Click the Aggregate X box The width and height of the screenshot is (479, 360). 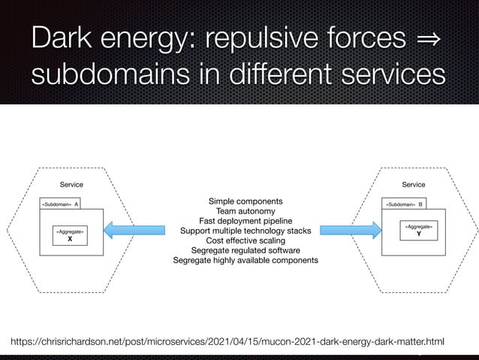tap(70, 236)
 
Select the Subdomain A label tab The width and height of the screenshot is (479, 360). tap(61, 204)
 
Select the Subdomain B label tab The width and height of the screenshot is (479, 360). tap(405, 204)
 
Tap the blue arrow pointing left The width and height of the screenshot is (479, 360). tap(139, 228)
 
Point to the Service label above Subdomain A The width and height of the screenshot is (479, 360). tap(71, 184)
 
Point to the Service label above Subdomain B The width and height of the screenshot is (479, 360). tap(414, 184)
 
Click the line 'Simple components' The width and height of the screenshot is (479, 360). tap(246, 201)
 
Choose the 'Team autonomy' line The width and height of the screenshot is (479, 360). tap(246, 211)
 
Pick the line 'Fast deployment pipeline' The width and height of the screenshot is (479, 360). tap(246, 221)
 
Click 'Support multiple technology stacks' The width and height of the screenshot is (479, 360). tap(246, 231)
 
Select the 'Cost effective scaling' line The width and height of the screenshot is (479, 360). tap(246, 241)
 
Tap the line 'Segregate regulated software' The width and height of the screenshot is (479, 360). tap(246, 250)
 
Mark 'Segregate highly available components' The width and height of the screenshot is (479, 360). tap(246, 260)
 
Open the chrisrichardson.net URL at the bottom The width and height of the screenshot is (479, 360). tap(227, 343)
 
